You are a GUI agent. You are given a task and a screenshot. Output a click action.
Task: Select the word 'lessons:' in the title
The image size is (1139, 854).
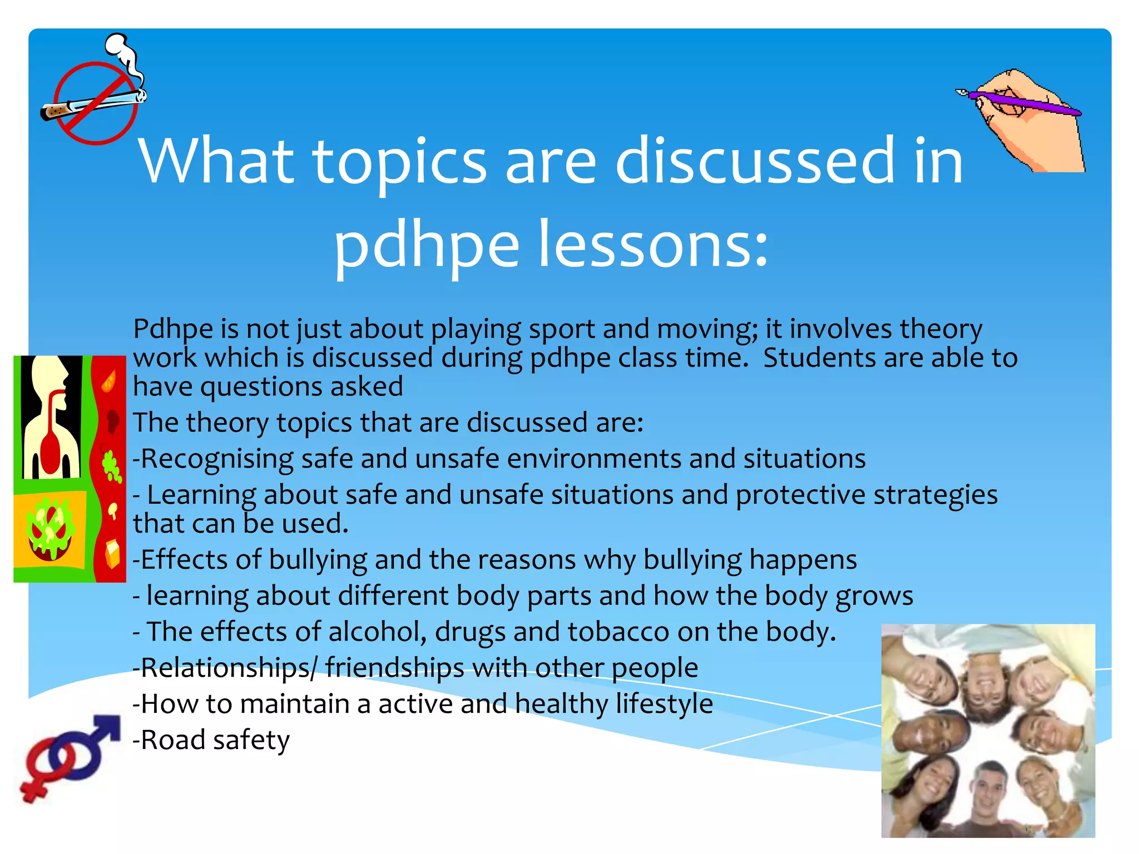point(653,245)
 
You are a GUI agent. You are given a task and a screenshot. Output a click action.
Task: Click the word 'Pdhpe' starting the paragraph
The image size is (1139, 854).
point(172,329)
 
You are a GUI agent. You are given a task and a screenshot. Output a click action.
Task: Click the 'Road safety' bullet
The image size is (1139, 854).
point(211,740)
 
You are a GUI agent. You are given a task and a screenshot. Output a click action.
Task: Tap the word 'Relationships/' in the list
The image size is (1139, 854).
point(225,668)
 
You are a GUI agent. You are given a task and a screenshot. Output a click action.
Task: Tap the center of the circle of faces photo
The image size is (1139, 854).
point(988,731)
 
